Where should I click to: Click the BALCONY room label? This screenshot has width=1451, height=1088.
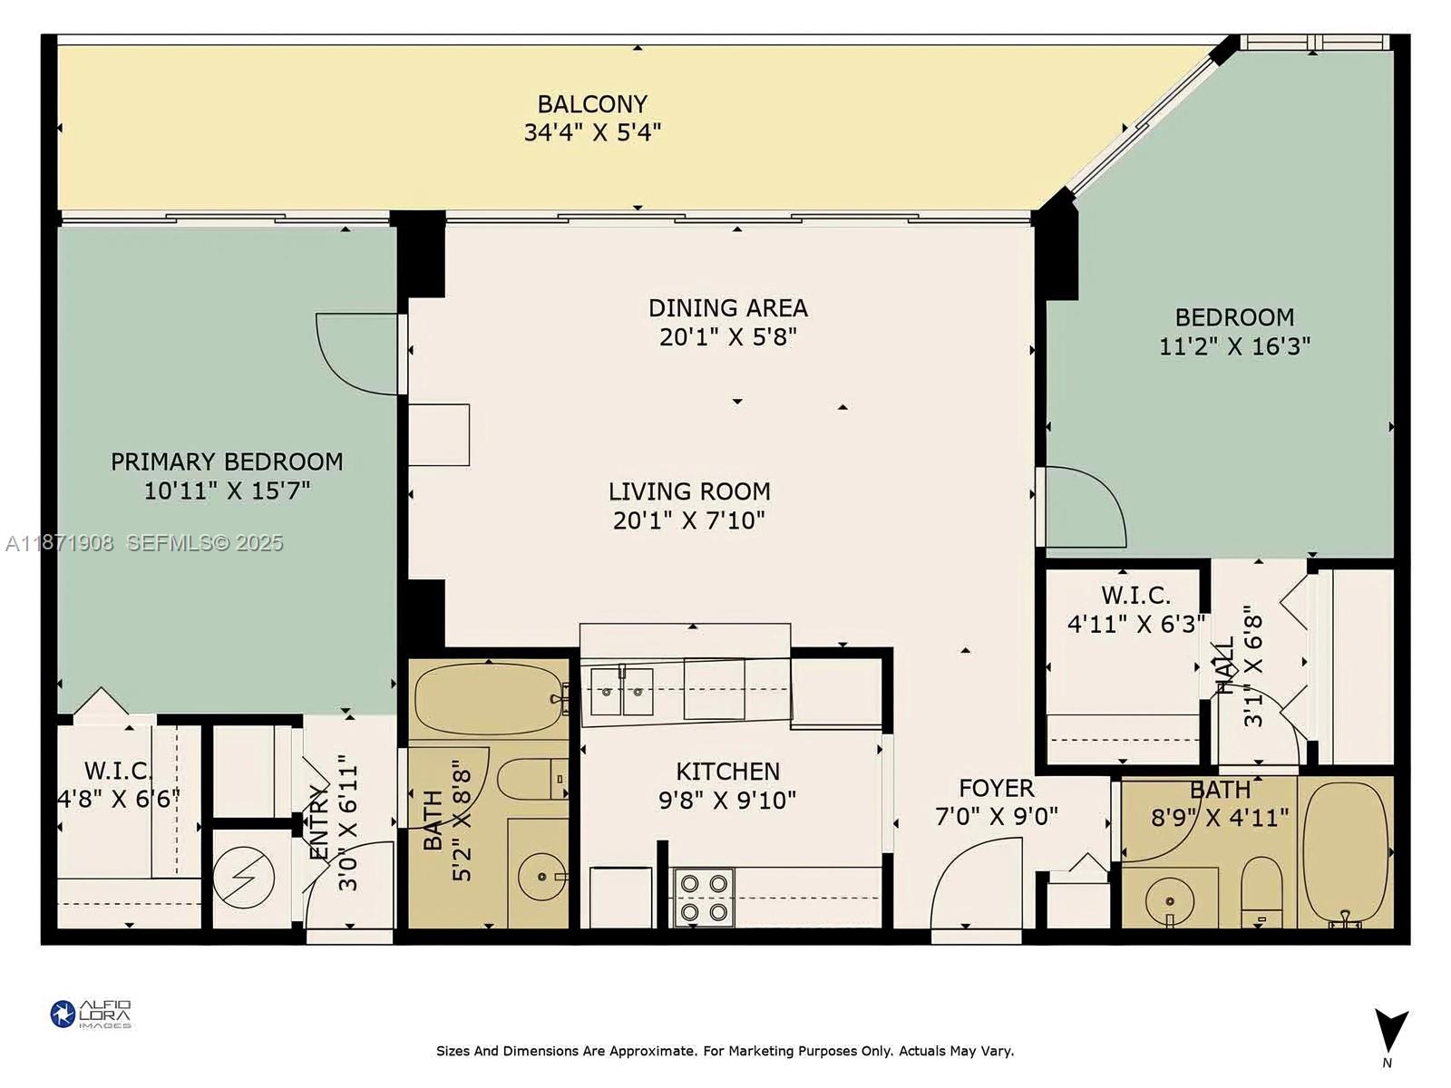(592, 104)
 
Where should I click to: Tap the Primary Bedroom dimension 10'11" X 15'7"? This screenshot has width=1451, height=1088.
(227, 491)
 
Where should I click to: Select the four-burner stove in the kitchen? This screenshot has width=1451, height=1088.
(704, 897)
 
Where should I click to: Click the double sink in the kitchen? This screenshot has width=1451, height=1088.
(622, 694)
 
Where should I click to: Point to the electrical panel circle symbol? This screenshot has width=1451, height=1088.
(243, 877)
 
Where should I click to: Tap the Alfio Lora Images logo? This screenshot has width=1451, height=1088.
(91, 1014)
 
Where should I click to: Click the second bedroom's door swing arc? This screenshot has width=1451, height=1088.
(1085, 508)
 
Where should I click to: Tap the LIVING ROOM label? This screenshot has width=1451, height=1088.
(689, 491)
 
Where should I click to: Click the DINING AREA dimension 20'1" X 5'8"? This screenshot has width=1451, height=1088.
(727, 337)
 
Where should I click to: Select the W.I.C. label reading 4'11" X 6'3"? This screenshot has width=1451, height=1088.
(1135, 624)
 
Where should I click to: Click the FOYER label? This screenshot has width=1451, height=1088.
(996, 788)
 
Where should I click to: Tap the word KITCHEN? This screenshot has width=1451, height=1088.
(727, 772)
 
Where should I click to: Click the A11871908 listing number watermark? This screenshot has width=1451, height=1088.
(60, 543)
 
